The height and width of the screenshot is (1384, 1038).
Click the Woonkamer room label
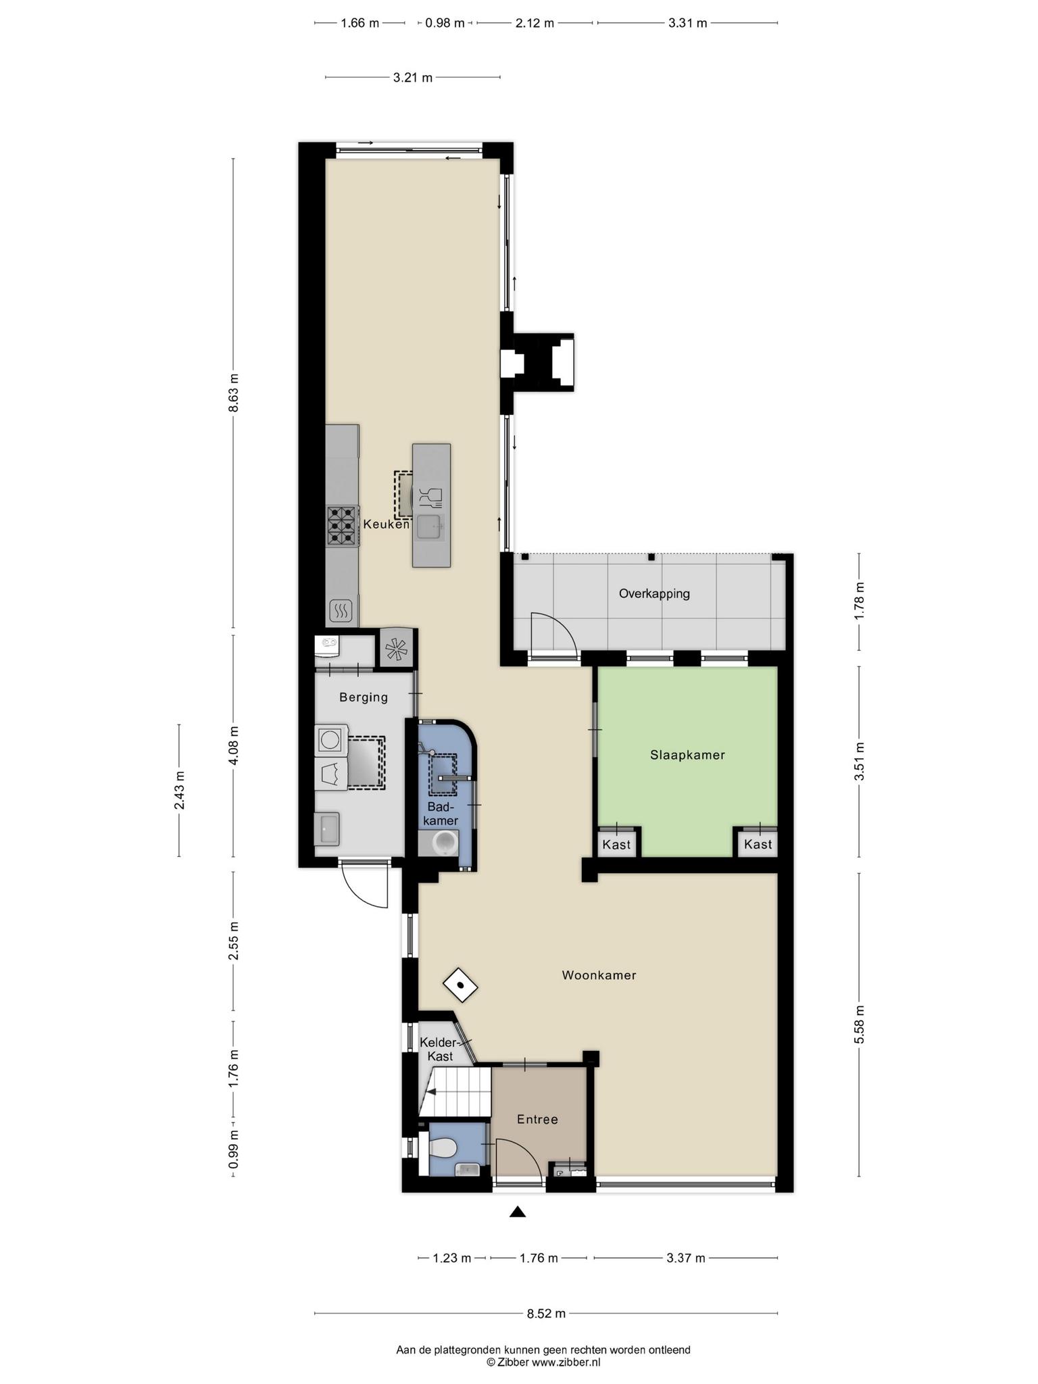[x=599, y=975]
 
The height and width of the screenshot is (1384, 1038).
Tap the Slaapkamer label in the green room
[x=687, y=755]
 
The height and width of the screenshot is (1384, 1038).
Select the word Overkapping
[x=654, y=594]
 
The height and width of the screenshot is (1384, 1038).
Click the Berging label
[x=364, y=697]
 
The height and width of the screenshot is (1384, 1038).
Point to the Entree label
[x=537, y=1119]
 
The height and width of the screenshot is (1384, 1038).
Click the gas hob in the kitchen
[x=342, y=526]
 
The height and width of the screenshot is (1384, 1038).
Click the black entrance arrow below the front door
[x=518, y=1212]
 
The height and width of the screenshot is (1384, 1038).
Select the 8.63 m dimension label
[x=233, y=393]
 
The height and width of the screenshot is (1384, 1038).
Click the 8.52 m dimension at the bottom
[x=546, y=1314]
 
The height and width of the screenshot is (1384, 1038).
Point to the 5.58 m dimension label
[x=859, y=1024]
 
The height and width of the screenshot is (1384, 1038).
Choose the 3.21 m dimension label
[x=412, y=78]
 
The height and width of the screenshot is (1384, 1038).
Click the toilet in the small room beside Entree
[x=443, y=1146]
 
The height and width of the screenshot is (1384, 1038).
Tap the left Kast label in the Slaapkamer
[x=616, y=844]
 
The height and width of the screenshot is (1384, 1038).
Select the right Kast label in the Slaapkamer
[x=758, y=844]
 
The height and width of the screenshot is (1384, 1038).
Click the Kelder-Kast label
[x=438, y=1049]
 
